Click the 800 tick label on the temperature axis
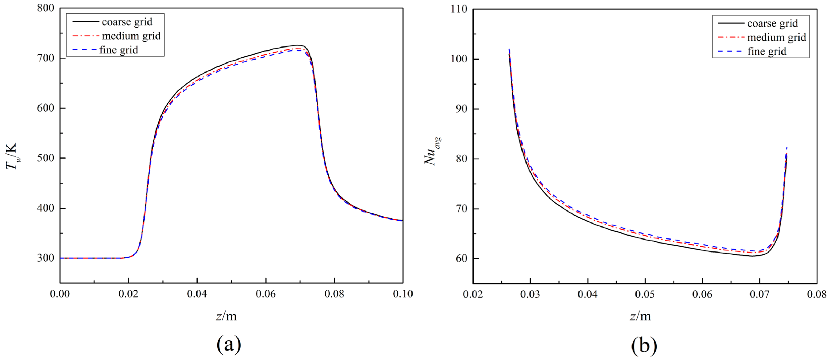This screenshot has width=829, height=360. [46, 8]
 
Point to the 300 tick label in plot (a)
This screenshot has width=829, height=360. [46, 258]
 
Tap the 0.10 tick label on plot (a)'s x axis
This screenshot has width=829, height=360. [403, 294]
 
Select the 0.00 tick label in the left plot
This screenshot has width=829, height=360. [60, 294]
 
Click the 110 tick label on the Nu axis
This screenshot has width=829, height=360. [459, 9]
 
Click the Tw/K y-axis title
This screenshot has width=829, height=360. [12, 156]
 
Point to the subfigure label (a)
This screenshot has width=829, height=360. [229, 345]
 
